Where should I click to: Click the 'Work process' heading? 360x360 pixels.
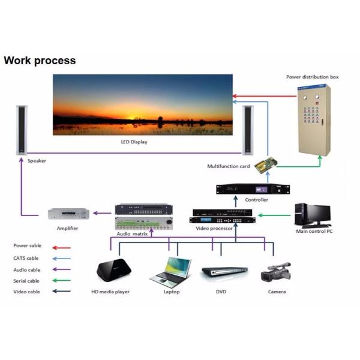(40, 61)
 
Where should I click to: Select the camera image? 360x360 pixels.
(276, 272)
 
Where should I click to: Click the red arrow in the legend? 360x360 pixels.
(61, 247)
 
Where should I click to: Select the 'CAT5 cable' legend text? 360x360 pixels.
(26, 258)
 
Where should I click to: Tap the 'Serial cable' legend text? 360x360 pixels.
(26, 281)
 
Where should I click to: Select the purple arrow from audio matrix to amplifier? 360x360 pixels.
(103, 212)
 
